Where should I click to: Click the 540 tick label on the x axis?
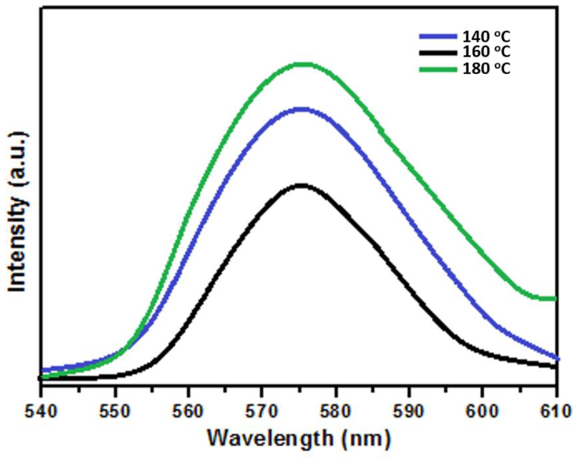tap(41, 412)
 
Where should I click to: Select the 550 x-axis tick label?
tap(115, 412)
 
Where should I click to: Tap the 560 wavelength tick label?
tap(188, 412)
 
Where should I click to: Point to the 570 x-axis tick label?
tap(261, 412)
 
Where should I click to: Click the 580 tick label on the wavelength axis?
tap(335, 412)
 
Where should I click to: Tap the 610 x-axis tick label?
tap(555, 412)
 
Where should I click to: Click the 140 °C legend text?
tap(486, 37)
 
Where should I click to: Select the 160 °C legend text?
tap(486, 52)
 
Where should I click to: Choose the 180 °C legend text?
tap(486, 69)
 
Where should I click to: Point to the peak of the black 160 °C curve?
tap(303, 186)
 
